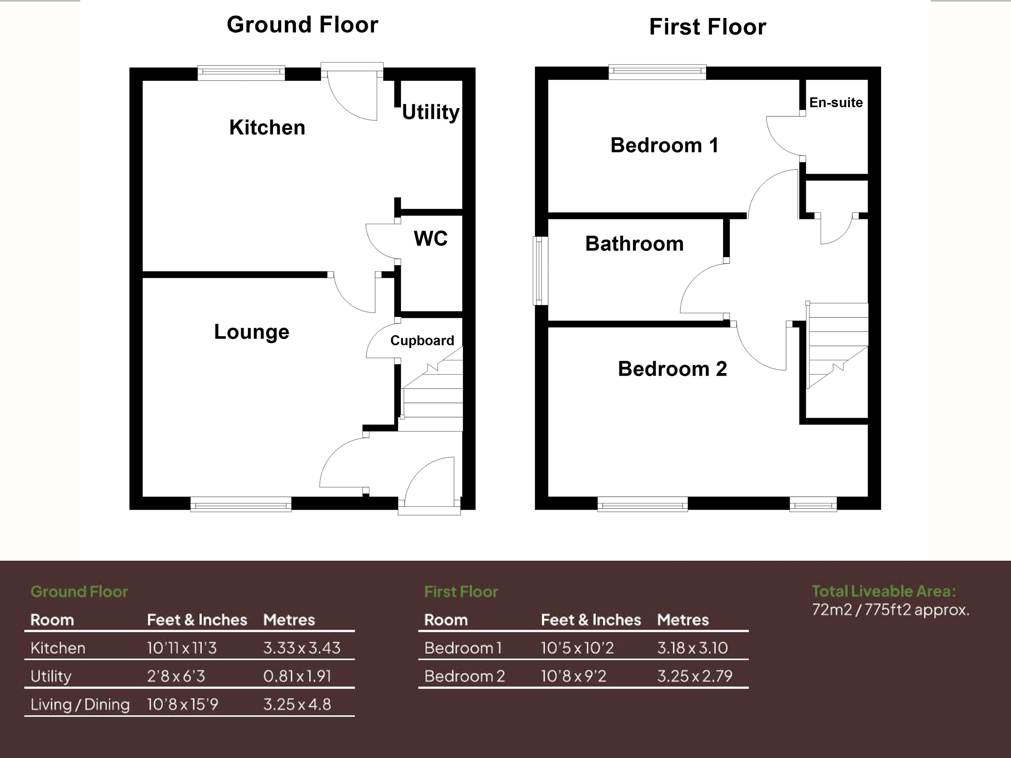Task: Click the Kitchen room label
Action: (267, 127)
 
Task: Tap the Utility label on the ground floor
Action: (430, 112)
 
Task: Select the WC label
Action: (430, 238)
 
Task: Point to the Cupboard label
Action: (422, 340)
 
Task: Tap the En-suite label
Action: (836, 102)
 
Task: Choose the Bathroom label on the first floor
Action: (634, 244)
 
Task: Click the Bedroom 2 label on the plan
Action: (672, 369)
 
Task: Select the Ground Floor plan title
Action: (303, 25)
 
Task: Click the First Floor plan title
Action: (708, 27)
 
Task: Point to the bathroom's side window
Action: (541, 270)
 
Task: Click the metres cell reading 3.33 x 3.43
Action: (302, 648)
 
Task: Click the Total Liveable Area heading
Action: (884, 591)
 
